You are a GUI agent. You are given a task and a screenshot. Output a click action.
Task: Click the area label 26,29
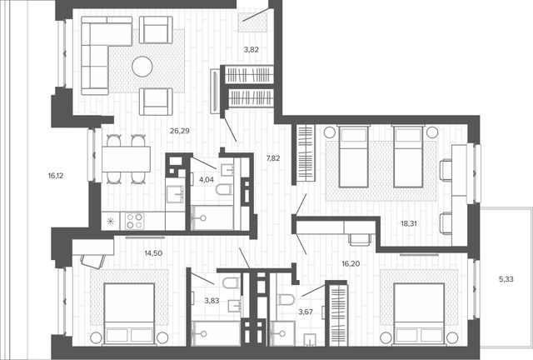coord(180,130)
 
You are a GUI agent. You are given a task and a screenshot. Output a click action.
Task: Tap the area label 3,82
coord(252,49)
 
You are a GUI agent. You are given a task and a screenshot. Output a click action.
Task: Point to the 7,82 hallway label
coord(273,157)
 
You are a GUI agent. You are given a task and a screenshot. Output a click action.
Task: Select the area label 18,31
coord(409,223)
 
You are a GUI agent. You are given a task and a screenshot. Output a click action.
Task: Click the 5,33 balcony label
coord(506,279)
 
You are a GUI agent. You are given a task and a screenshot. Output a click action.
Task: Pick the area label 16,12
coord(56,176)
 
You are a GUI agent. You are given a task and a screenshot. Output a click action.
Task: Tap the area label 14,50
coord(153,253)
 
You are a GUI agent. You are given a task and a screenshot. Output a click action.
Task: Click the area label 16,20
coord(351,263)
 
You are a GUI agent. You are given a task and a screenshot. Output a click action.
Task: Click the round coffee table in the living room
coord(142,67)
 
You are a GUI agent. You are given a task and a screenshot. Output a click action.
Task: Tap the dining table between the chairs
coord(126,159)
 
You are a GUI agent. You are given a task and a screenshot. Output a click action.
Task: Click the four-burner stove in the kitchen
coord(134,221)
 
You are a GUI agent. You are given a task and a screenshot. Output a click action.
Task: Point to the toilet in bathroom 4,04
coord(223,189)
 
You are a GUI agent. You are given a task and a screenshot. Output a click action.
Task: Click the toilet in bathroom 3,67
coord(286,300)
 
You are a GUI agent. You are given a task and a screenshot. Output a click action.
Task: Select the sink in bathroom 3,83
coord(235,305)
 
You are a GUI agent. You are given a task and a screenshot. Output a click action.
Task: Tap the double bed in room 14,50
coord(129,313)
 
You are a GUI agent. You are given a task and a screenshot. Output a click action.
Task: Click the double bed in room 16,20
coord(419,313)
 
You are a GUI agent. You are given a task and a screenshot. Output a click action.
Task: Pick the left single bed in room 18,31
coord(353,157)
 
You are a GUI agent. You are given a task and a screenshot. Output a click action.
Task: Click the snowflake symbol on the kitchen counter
coord(111,221)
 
